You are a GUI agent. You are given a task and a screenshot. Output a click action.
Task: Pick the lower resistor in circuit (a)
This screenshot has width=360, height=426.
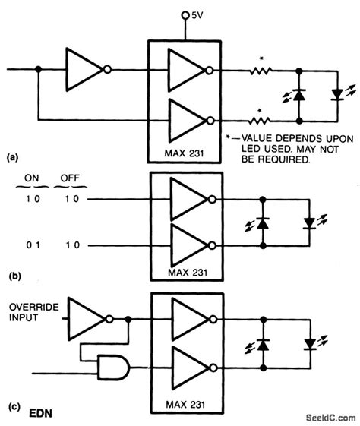pos(260,119)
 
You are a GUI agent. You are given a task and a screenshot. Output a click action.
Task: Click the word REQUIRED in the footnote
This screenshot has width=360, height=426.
pos(280,161)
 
